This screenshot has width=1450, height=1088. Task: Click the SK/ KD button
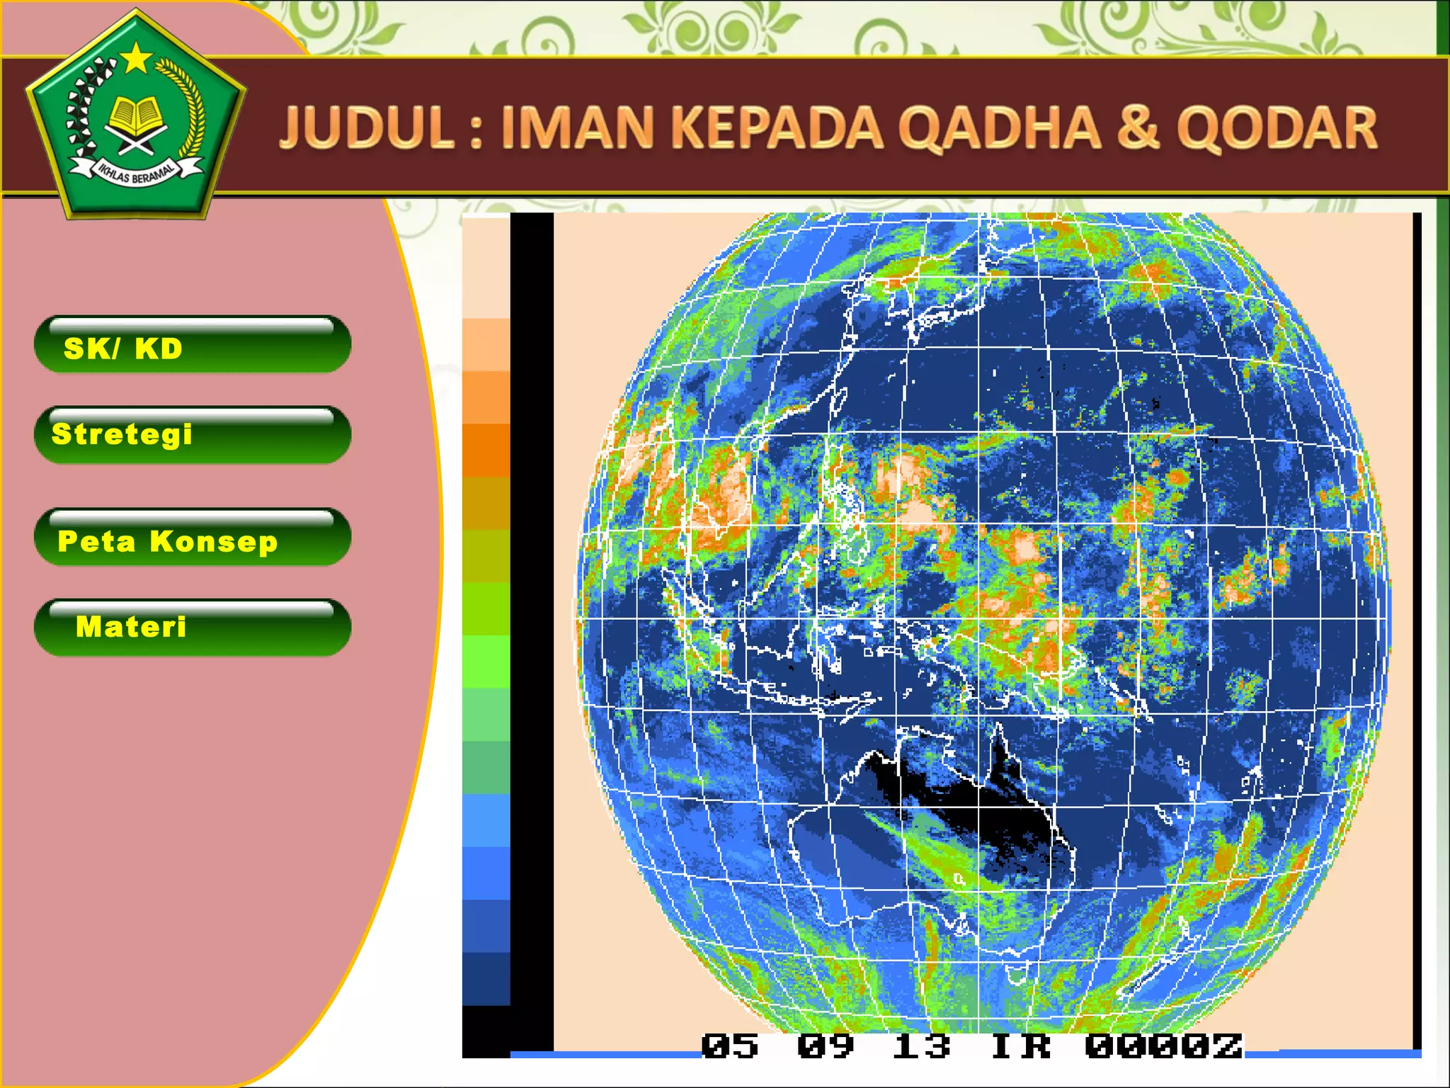pyautogui.click(x=193, y=345)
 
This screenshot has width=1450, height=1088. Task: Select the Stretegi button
pyautogui.click(x=193, y=435)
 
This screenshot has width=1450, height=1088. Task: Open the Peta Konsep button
pyautogui.click(x=193, y=538)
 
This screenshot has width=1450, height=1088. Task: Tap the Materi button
pyautogui.click(x=193, y=628)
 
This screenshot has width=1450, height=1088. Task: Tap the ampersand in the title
pyautogui.click(x=1139, y=127)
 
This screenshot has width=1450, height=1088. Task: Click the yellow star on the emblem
pyautogui.click(x=136, y=59)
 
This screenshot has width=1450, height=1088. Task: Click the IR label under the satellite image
pyautogui.click(x=1020, y=1046)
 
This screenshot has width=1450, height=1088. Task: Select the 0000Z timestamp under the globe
pyautogui.click(x=1163, y=1046)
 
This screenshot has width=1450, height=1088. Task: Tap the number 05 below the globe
pyautogui.click(x=729, y=1046)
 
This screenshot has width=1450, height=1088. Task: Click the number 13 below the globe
pyautogui.click(x=920, y=1046)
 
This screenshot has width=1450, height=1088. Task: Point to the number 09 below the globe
pyautogui.click(x=826, y=1046)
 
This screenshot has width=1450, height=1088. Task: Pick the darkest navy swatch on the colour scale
pyautogui.click(x=486, y=978)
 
